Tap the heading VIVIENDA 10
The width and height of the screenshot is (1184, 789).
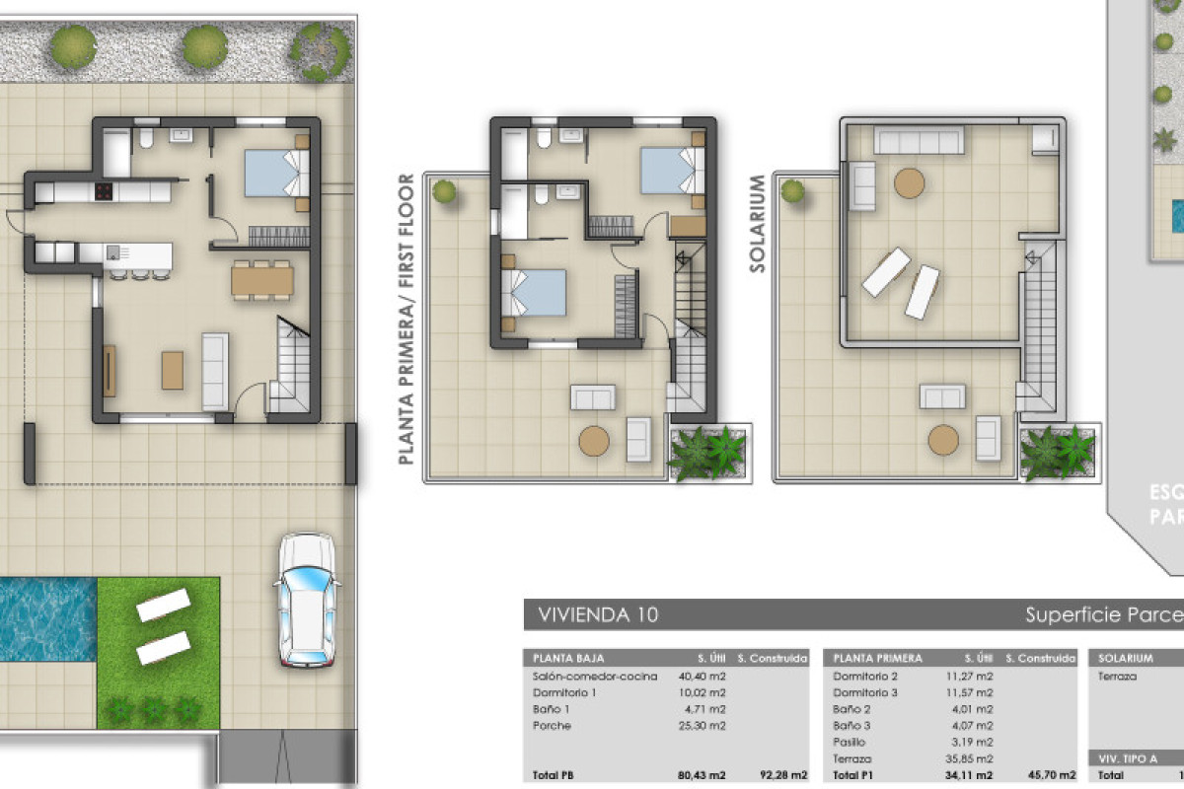(598, 615)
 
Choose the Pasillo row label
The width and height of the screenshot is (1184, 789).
(849, 742)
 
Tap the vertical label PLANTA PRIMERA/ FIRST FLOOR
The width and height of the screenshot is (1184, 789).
(406, 319)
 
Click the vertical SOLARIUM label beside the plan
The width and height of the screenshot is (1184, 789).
(758, 223)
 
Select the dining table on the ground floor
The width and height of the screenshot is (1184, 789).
(262, 281)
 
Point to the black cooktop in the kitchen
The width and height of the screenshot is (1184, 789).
(103, 191)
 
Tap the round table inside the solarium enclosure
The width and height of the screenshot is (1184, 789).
(909, 183)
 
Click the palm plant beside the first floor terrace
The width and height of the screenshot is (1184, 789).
(709, 453)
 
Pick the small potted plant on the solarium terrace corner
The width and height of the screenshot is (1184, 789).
(792, 191)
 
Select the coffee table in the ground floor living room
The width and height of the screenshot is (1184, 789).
(173, 370)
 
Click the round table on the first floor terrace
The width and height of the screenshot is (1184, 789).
(594, 441)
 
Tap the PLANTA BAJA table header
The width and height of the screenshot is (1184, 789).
(569, 658)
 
